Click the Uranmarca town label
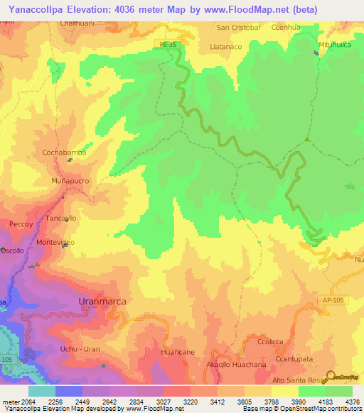point(102,302)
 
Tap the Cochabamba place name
point(65,153)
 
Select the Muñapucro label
point(70,182)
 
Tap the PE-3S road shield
point(165,44)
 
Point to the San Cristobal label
point(239,28)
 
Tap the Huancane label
point(178,352)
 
